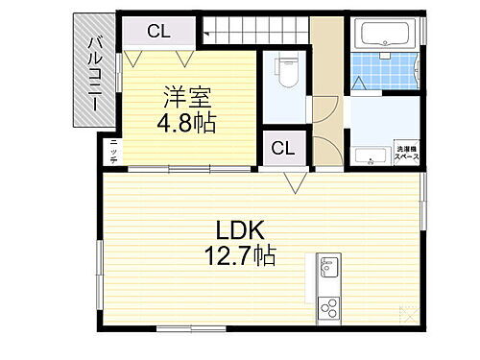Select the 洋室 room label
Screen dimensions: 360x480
(188, 97)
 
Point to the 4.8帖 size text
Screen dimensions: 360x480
(188, 122)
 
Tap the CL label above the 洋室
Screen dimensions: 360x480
(159, 31)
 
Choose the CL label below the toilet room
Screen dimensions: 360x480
(282, 148)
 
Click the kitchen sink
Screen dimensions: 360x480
(326, 265)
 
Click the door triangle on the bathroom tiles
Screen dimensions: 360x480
(360, 83)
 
